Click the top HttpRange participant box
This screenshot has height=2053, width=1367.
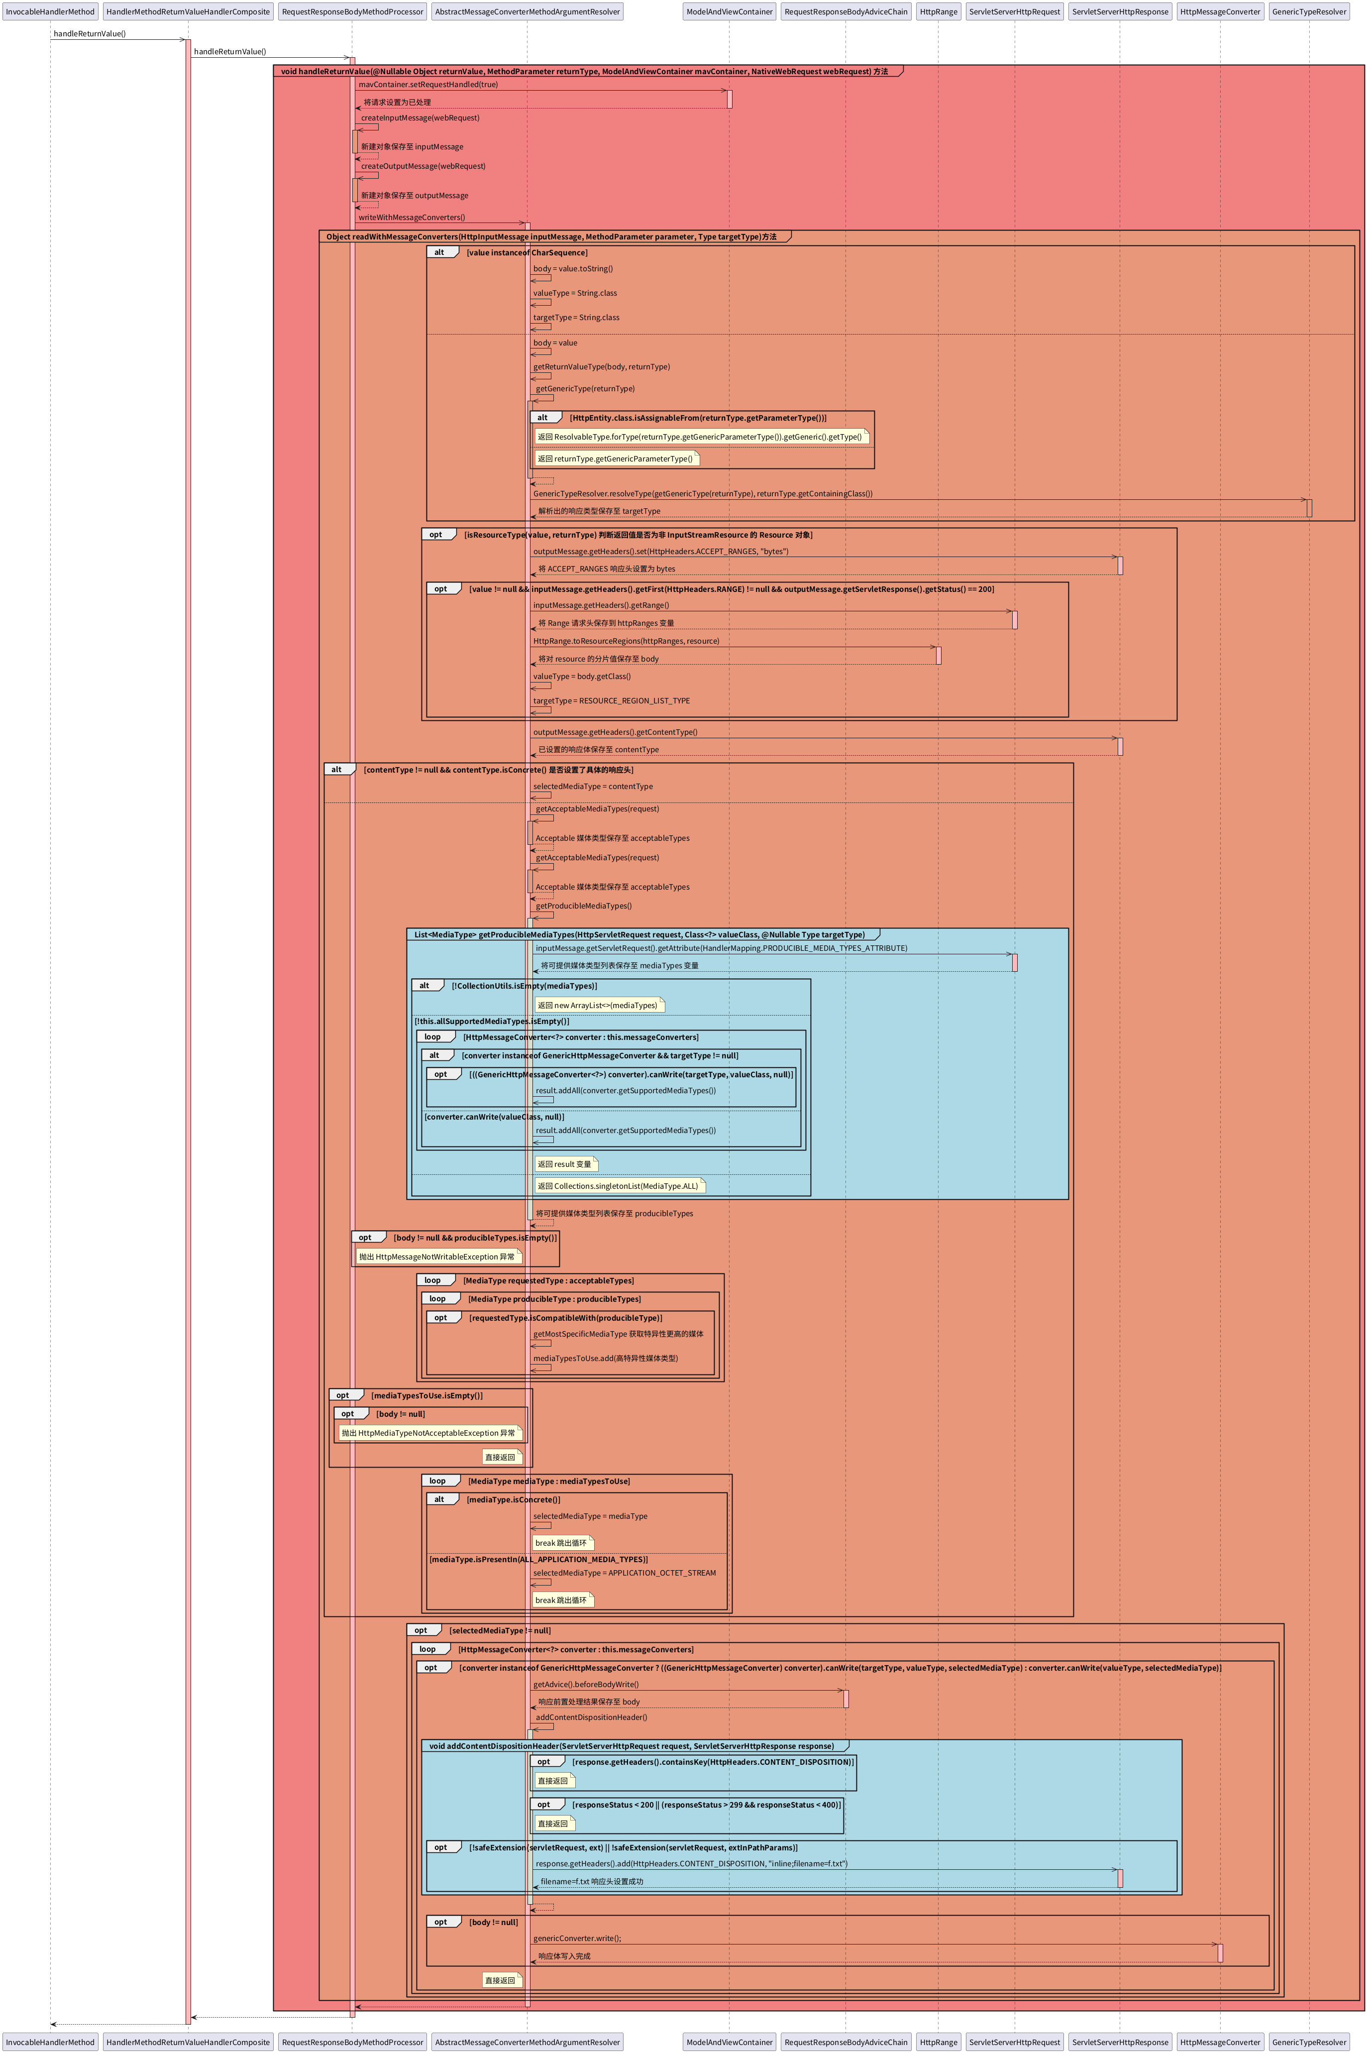click(938, 11)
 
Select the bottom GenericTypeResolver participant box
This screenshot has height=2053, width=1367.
click(1309, 2042)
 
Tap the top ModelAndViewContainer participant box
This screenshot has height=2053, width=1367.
click(729, 11)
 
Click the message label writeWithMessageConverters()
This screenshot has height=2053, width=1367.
click(412, 217)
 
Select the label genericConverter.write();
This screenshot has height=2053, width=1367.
click(577, 1938)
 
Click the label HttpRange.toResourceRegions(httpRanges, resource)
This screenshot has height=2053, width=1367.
click(626, 641)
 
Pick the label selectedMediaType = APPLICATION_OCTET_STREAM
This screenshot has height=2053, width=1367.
click(624, 1573)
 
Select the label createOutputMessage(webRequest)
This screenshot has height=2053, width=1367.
click(423, 166)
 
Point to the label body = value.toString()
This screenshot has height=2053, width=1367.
click(573, 269)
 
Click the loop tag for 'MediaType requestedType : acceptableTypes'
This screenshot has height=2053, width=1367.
click(433, 1280)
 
